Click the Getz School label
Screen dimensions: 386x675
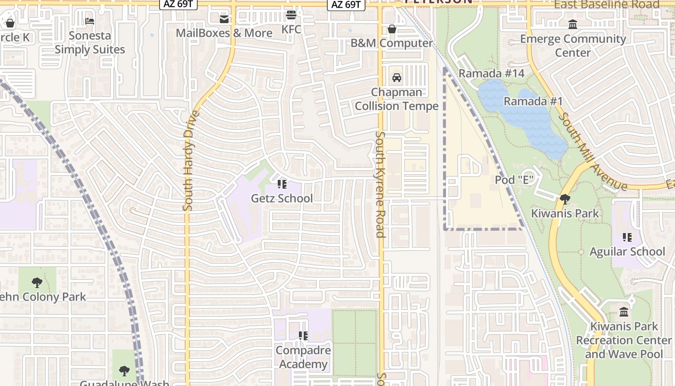point(282,198)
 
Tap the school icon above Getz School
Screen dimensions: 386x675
point(282,184)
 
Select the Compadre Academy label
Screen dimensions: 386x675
point(303,357)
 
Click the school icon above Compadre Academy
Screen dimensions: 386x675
point(303,335)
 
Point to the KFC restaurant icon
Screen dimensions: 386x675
point(291,15)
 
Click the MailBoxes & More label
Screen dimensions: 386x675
point(224,33)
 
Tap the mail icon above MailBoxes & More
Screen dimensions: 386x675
point(224,19)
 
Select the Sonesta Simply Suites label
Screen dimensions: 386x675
point(90,42)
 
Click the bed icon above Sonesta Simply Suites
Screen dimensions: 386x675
point(90,21)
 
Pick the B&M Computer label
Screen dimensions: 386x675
point(391,43)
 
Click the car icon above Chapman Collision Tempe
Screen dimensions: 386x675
point(396,78)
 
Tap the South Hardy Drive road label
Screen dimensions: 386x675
point(189,161)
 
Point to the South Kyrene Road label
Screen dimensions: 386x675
point(380,184)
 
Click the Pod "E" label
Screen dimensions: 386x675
point(515,180)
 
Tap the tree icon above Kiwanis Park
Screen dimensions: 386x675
point(565,199)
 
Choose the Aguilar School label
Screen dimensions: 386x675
point(627,251)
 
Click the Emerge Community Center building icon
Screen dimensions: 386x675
point(573,25)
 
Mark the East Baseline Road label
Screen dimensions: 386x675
point(607,5)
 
